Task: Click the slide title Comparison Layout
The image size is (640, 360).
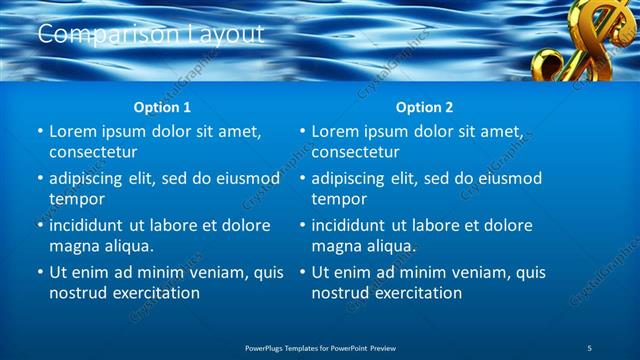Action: tap(150, 34)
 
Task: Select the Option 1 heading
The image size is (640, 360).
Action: tap(162, 107)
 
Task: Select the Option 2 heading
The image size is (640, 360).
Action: tap(424, 107)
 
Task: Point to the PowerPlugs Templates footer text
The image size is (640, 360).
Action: tap(320, 347)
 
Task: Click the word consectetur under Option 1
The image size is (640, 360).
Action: tap(93, 152)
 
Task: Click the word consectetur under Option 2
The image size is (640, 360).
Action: tap(355, 152)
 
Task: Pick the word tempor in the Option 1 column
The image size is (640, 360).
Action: tap(77, 199)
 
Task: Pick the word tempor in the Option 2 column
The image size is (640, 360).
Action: tap(339, 199)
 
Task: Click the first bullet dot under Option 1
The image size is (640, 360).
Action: tap(39, 132)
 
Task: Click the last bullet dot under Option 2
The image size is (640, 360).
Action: tap(301, 272)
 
